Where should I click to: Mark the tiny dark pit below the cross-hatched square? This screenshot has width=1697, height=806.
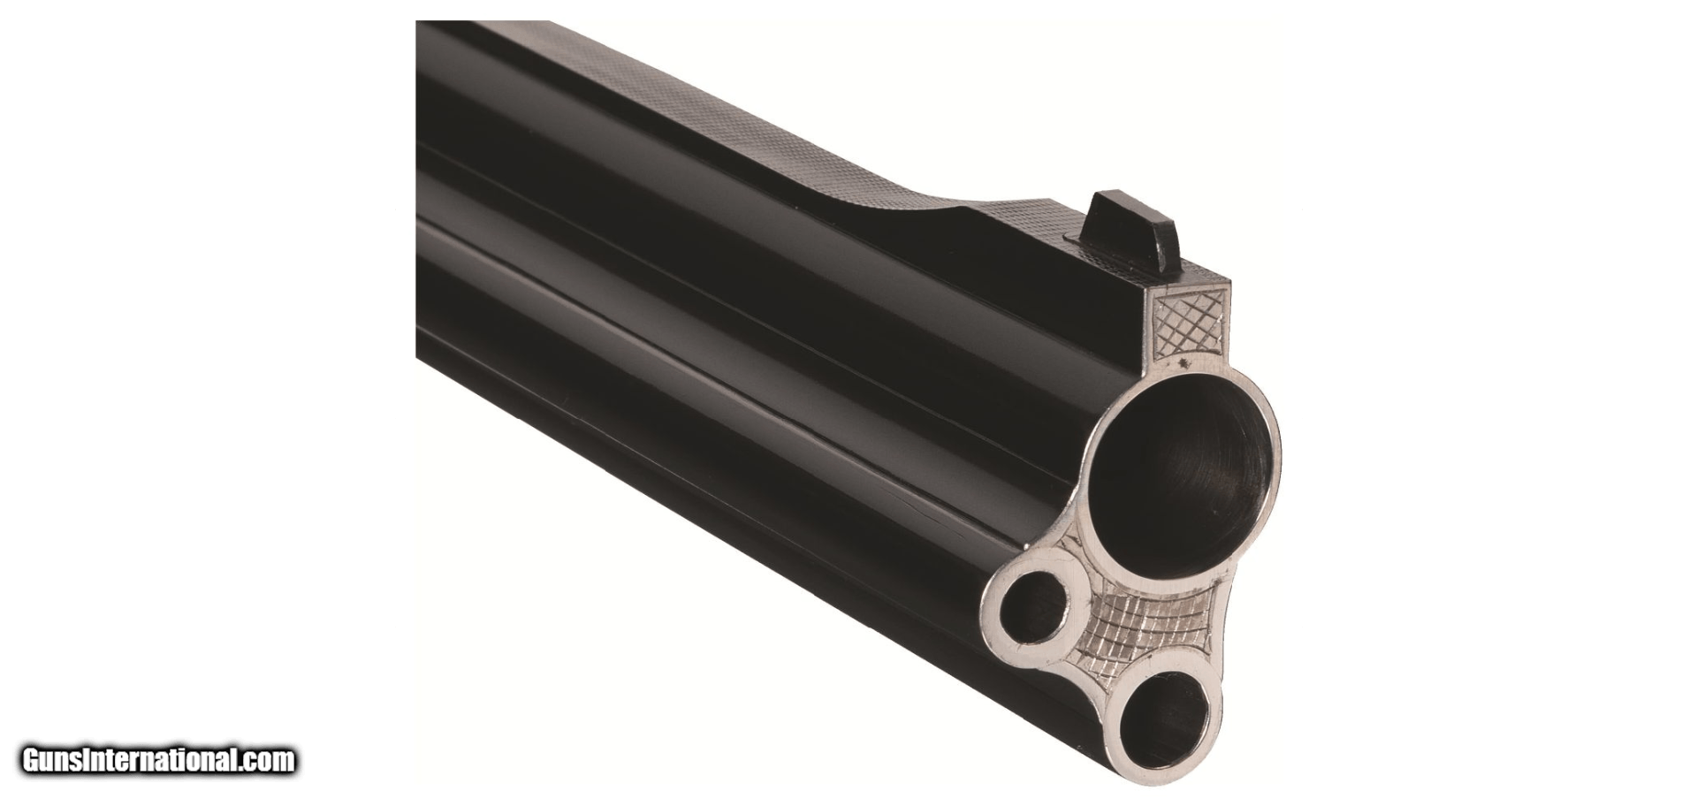pyautogui.click(x=1180, y=363)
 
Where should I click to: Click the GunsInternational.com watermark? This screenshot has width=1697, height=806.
pyautogui.click(x=159, y=760)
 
